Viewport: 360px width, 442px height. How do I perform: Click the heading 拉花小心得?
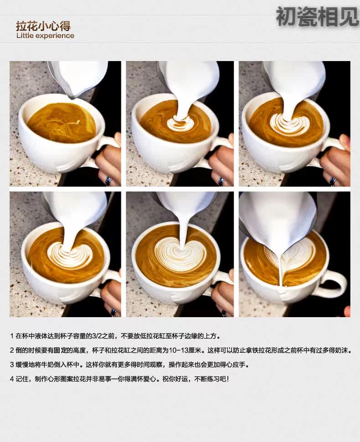click(x=43, y=26)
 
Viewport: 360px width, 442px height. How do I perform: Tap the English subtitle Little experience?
click(x=46, y=36)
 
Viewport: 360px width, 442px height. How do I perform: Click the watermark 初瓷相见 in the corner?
click(x=318, y=16)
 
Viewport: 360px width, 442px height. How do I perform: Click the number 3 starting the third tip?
click(x=12, y=365)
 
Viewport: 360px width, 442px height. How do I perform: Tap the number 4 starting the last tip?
click(x=12, y=379)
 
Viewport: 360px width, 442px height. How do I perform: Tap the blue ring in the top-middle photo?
click(x=221, y=181)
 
